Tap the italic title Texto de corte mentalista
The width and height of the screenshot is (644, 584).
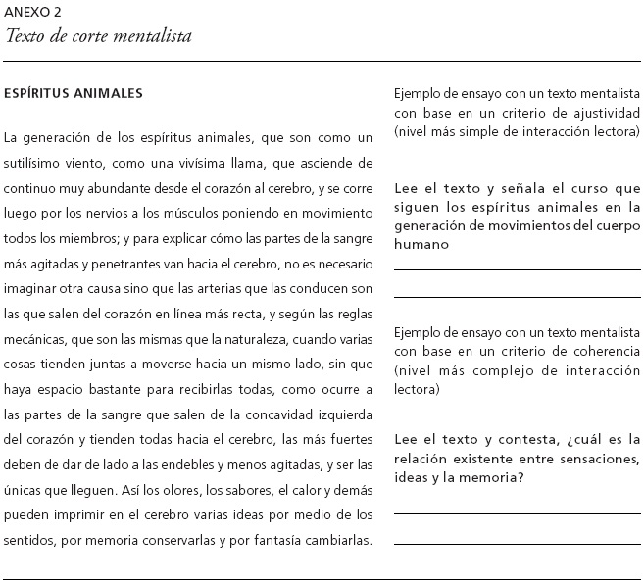tap(98, 36)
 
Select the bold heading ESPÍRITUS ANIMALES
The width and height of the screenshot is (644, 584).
tap(74, 94)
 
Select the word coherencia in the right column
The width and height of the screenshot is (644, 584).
tap(598, 350)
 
